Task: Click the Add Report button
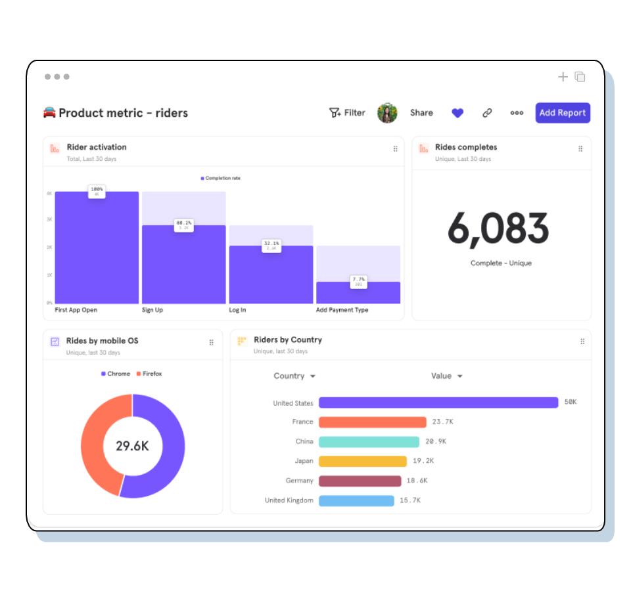tap(563, 113)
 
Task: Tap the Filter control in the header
tap(347, 113)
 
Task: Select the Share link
tap(421, 113)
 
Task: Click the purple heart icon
tap(457, 113)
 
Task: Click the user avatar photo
tap(387, 113)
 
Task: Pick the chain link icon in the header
tap(487, 113)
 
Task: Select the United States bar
tap(438, 403)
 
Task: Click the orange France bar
tap(373, 422)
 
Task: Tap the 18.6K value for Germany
tap(417, 481)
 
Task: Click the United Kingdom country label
tap(289, 500)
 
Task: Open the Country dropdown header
tap(294, 376)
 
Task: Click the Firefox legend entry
tap(149, 374)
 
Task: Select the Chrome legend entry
tap(116, 374)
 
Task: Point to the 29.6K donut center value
tap(132, 447)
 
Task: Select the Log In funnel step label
tap(237, 310)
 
